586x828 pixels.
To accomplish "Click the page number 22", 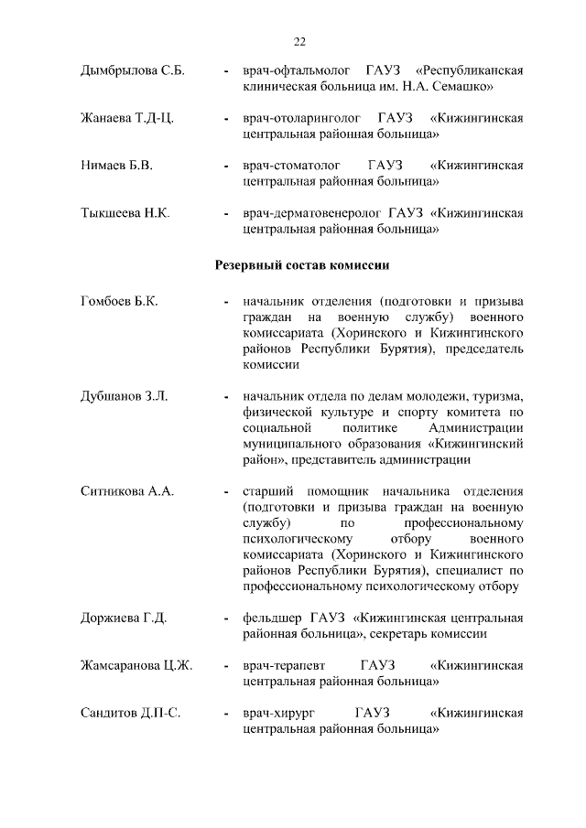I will [299, 41].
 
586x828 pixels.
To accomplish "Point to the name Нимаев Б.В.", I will [115, 166].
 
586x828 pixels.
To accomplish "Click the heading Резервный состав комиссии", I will [303, 265].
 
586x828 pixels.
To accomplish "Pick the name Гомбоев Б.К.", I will [119, 301].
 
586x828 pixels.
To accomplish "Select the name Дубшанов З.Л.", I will [124, 396].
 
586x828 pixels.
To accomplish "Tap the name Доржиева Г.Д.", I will [124, 618].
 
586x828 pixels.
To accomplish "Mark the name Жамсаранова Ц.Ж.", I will [136, 665].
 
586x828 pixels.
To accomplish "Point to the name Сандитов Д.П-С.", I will [130, 713].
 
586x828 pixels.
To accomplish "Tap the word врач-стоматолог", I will [290, 166].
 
